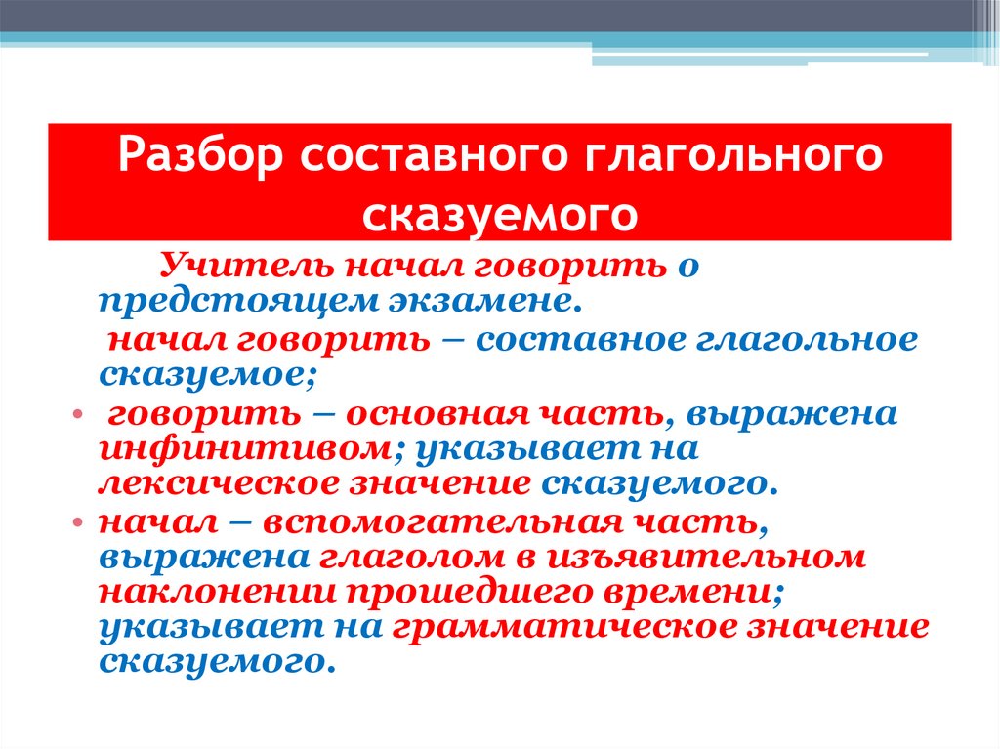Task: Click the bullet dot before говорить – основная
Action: [76, 415]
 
